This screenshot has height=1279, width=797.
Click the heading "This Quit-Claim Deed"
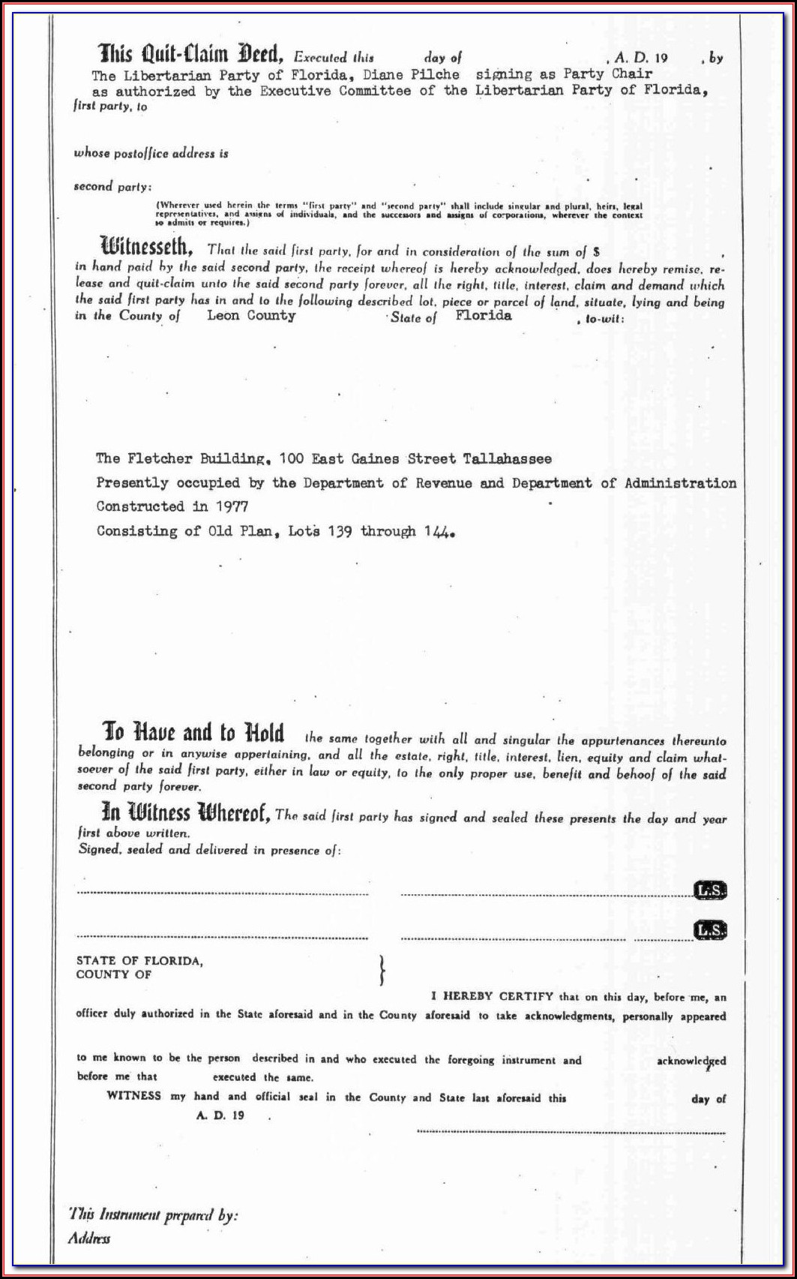pyautogui.click(x=191, y=54)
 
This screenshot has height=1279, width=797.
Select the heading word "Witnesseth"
pyautogui.click(x=147, y=246)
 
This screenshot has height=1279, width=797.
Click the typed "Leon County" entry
pyautogui.click(x=251, y=316)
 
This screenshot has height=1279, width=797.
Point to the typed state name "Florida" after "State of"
pyautogui.click(x=484, y=315)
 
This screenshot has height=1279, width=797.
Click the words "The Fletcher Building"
pyautogui.click(x=183, y=458)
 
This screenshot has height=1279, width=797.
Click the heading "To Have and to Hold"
pyautogui.click(x=193, y=732)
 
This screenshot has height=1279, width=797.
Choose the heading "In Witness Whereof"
pyautogui.click(x=186, y=813)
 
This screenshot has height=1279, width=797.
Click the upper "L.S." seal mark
pyautogui.click(x=710, y=890)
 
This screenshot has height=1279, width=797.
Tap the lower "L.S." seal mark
pyautogui.click(x=710, y=930)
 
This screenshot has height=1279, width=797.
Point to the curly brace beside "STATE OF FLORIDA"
pyautogui.click(x=382, y=969)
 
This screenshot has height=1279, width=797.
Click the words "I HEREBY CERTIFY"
pyautogui.click(x=492, y=996)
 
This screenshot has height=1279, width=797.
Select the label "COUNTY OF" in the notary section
pyautogui.click(x=114, y=974)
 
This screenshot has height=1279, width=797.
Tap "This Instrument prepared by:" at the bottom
pyautogui.click(x=153, y=1214)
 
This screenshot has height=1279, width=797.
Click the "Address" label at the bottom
pyautogui.click(x=89, y=1238)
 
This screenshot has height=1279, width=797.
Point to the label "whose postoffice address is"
pyautogui.click(x=151, y=154)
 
